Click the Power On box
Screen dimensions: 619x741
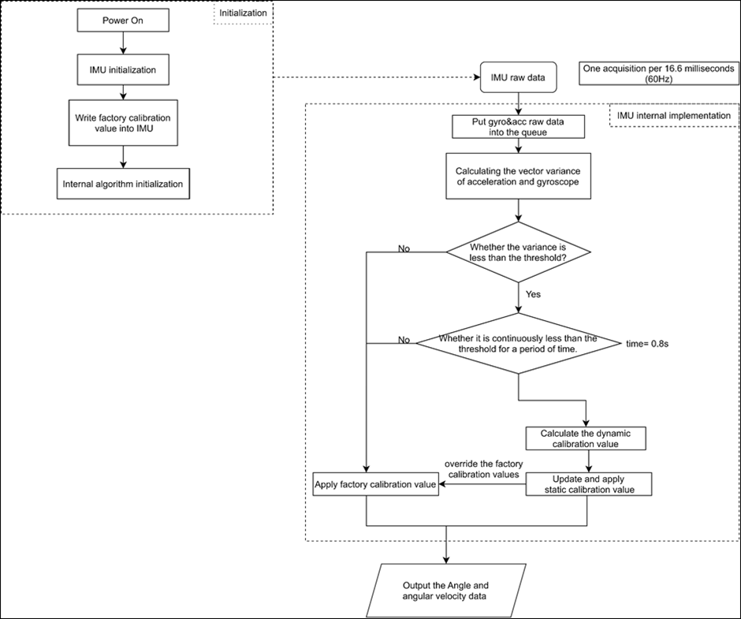[x=122, y=21]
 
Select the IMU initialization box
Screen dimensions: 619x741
[x=122, y=69]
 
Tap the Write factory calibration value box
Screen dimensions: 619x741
[x=122, y=123]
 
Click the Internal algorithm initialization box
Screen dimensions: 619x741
[x=123, y=184]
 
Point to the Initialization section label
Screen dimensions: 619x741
[x=243, y=13]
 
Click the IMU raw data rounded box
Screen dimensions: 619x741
[x=518, y=79]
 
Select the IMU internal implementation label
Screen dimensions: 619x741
[x=672, y=116]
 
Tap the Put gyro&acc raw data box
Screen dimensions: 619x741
[x=518, y=127]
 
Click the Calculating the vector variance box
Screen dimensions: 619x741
[x=518, y=176]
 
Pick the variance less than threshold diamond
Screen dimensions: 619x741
[x=518, y=252]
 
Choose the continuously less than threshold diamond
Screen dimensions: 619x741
[x=518, y=343]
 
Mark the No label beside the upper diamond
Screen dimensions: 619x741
[x=404, y=248]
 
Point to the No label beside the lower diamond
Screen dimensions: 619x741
[x=404, y=340]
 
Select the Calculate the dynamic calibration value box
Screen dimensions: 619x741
[x=586, y=438]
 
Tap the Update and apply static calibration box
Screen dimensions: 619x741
[x=589, y=484]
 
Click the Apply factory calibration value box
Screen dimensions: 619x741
[x=375, y=484]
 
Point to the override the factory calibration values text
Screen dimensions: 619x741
[x=482, y=469]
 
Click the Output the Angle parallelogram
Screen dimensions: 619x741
[x=445, y=591]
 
